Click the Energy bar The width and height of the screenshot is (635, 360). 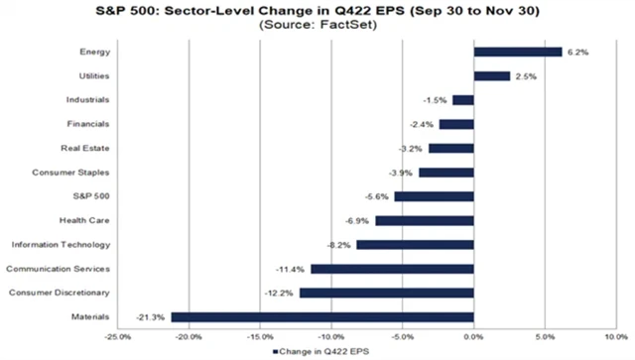(x=518, y=52)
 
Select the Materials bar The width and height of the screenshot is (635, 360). (x=322, y=317)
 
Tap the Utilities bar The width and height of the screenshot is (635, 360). (x=492, y=75)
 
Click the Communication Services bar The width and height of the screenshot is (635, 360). (x=392, y=269)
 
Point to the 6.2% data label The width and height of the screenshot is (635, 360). (x=577, y=52)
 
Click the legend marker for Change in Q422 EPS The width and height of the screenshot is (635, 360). (x=273, y=350)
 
